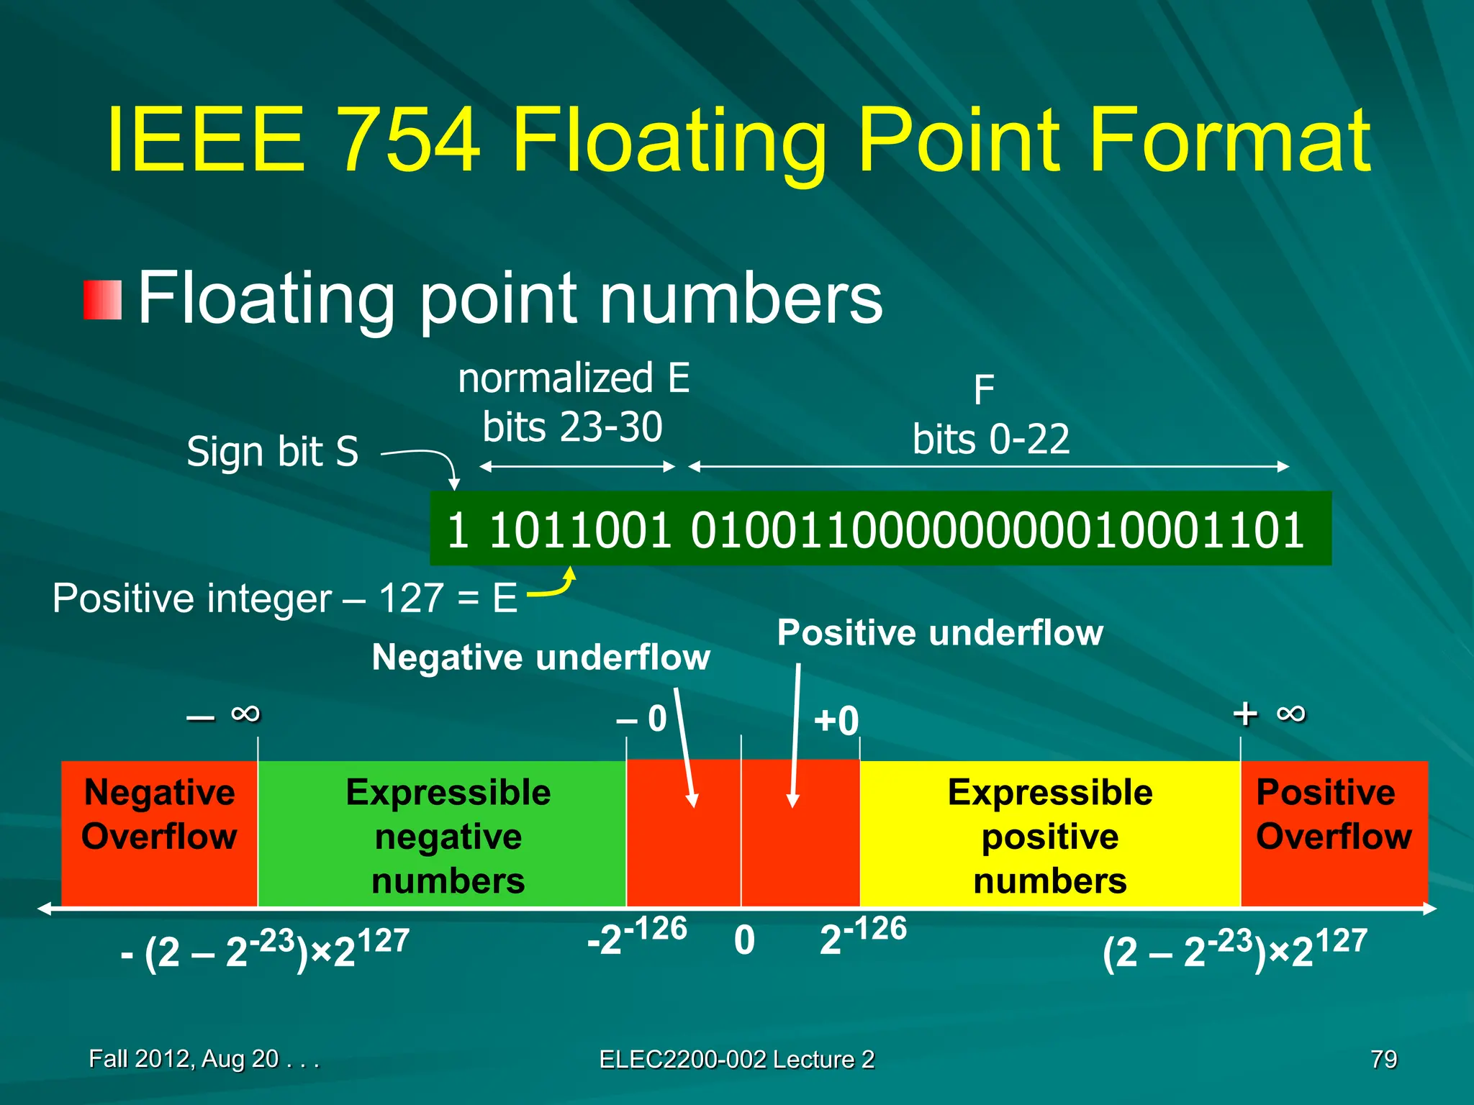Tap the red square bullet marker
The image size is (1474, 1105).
(102, 300)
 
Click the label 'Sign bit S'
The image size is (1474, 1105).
(272, 452)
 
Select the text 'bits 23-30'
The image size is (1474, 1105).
(572, 427)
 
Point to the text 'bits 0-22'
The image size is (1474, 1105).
(991, 440)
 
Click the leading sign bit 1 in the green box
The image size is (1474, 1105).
(458, 530)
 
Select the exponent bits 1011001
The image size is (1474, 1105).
(580, 530)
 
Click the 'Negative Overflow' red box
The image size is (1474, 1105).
(159, 833)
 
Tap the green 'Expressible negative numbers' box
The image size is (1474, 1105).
(448, 835)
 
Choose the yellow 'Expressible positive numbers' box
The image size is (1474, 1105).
(1049, 835)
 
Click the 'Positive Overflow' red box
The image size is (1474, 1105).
(1333, 833)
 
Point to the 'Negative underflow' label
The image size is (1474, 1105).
(541, 658)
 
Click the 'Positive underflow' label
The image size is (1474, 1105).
(940, 633)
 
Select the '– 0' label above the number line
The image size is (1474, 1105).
(642, 719)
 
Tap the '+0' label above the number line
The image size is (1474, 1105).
(836, 721)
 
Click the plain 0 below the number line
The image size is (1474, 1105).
(745, 940)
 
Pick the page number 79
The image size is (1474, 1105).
(1383, 1059)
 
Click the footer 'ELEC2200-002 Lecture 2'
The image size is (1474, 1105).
(737, 1059)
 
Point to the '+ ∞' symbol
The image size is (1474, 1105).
(1269, 714)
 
